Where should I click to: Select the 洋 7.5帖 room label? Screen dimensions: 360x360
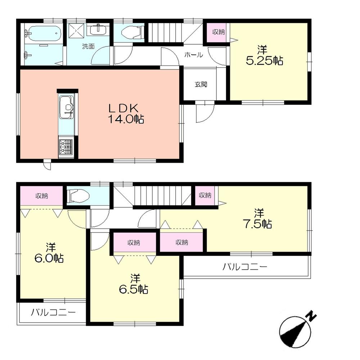(x=257, y=219)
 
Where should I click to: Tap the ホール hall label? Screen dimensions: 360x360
(x=193, y=55)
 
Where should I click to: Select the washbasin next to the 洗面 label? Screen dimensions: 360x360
(x=97, y=30)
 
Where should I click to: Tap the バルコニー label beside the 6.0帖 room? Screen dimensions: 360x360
(x=53, y=312)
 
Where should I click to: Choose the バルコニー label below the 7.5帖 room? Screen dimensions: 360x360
(x=244, y=267)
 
